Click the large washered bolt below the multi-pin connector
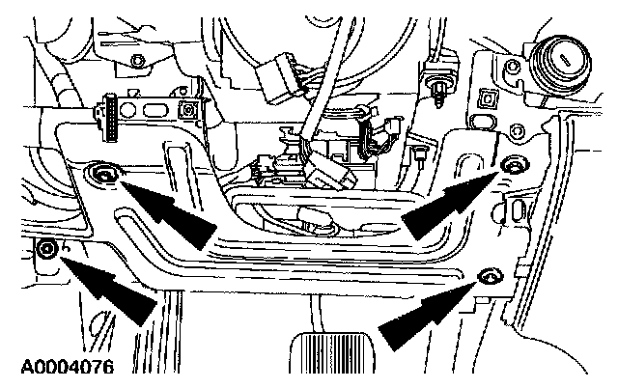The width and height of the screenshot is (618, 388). pos(100,174)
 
